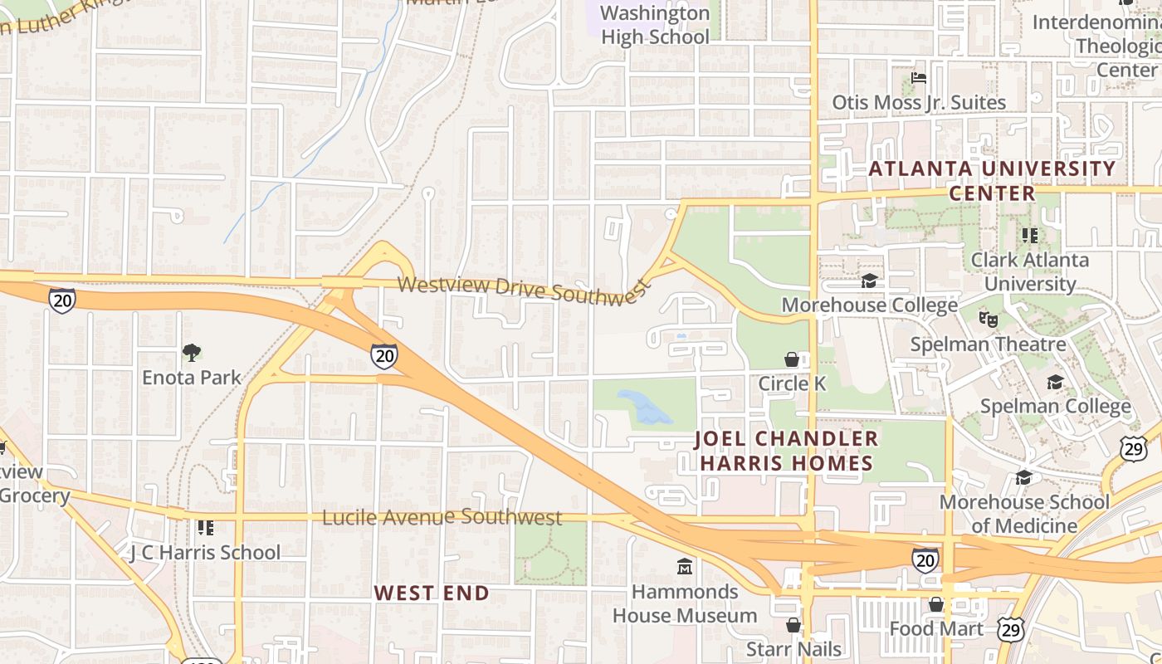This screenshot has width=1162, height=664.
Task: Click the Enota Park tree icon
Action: point(192,353)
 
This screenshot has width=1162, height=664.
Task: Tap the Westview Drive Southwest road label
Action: point(522,290)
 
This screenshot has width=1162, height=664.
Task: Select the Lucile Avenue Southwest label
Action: point(442,517)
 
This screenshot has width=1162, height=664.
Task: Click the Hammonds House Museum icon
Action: point(685,567)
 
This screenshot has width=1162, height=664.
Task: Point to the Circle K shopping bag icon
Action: point(793,359)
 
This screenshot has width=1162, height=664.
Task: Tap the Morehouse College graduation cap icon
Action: point(869,281)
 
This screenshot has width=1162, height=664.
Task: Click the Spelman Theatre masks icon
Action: point(988,319)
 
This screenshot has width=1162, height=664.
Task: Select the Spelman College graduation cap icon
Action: point(1055,382)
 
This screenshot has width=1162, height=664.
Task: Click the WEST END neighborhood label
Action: point(432,593)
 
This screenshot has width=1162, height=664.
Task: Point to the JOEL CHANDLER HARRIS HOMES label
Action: point(786,451)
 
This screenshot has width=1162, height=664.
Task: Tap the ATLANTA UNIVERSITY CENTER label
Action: point(992,180)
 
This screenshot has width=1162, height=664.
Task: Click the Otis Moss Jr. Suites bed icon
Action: point(919,78)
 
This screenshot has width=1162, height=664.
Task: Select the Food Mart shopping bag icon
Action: point(936,604)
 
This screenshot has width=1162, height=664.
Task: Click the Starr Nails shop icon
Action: point(793,625)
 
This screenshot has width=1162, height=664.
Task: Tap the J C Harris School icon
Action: point(206,527)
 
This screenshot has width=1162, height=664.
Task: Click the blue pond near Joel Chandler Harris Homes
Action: point(643,407)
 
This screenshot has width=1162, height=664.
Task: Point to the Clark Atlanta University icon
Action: point(1030,236)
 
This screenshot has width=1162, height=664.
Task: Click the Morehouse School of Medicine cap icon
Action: point(1023,477)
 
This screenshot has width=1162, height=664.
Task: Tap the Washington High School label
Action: point(655,25)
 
